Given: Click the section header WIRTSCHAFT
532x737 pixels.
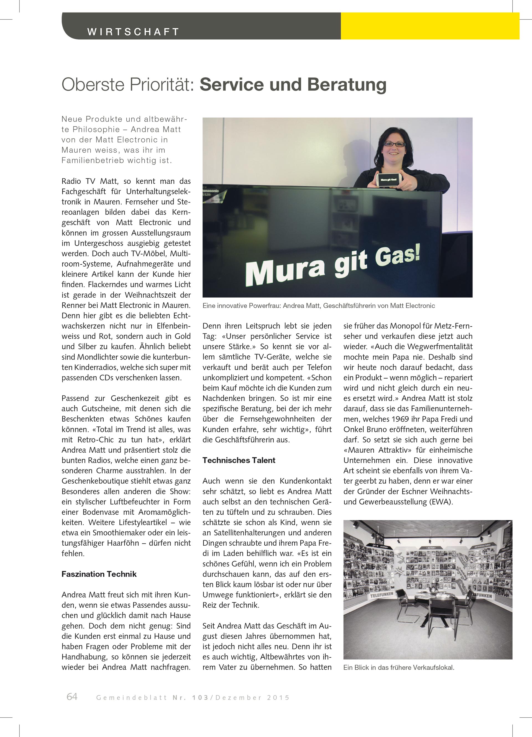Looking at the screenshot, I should pyautogui.click(x=133, y=32).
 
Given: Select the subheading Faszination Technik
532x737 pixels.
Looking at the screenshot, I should pyautogui.click(x=99, y=574).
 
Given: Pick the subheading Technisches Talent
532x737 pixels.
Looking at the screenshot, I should pyautogui.click(x=239, y=460).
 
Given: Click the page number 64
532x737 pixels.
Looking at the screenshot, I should pyautogui.click(x=72, y=697).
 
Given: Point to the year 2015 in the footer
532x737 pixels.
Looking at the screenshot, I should pyautogui.click(x=278, y=698).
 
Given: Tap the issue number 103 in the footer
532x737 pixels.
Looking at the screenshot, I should pyautogui.click(x=200, y=698).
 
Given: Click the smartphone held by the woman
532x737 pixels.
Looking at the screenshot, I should pyautogui.click(x=388, y=179).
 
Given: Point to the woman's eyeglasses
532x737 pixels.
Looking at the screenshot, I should pyautogui.click(x=394, y=144).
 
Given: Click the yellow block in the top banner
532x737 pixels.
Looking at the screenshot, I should pyautogui.click(x=430, y=26).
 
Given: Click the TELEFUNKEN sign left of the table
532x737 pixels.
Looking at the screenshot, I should pyautogui.click(x=382, y=596).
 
